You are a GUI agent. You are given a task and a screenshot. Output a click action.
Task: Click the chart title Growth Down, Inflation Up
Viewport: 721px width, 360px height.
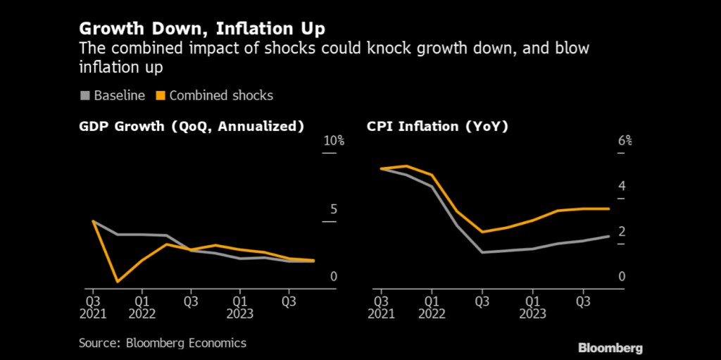pyautogui.click(x=202, y=30)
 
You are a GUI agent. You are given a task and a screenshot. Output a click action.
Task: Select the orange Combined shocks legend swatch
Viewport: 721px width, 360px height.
pyautogui.click(x=160, y=95)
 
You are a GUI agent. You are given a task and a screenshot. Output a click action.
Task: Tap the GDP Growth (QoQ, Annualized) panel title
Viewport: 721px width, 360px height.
pyautogui.click(x=192, y=127)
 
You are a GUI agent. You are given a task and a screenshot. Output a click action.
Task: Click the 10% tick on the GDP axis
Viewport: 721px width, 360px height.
pyautogui.click(x=333, y=141)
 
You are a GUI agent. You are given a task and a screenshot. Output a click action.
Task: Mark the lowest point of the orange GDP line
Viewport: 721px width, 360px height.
pyautogui.click(x=117, y=282)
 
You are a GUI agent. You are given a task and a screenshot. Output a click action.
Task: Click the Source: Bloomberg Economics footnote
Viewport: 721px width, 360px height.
pyautogui.click(x=162, y=343)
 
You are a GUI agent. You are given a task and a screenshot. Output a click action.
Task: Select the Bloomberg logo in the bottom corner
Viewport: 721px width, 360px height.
pyautogui.click(x=610, y=348)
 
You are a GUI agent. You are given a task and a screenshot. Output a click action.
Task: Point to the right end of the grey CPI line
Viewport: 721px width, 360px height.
pyautogui.click(x=608, y=236)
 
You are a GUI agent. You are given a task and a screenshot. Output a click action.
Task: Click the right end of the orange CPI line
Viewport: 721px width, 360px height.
pyautogui.click(x=608, y=209)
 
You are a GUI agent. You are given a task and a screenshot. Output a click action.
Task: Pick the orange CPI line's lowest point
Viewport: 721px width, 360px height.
pyautogui.click(x=482, y=232)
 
